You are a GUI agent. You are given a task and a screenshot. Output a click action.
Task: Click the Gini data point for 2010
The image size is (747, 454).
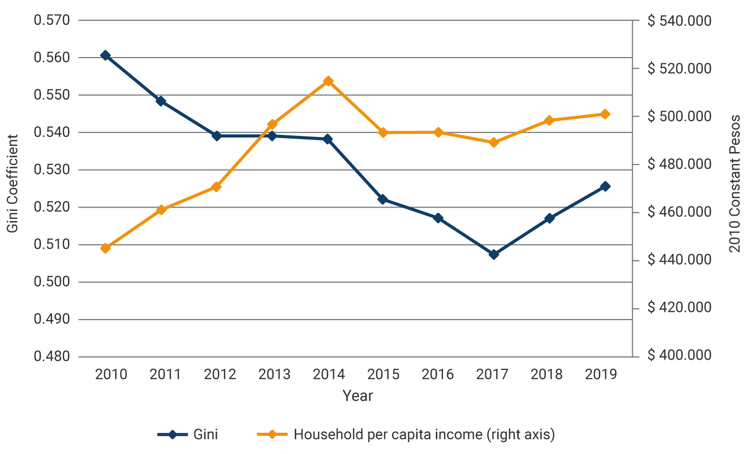tap(105, 56)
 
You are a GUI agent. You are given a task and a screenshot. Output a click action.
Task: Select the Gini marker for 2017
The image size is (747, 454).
tap(494, 254)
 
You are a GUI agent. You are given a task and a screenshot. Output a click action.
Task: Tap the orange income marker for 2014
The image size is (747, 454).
tap(328, 81)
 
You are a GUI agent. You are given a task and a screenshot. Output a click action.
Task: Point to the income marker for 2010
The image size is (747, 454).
tap(105, 248)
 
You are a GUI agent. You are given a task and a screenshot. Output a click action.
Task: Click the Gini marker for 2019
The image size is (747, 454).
tap(605, 186)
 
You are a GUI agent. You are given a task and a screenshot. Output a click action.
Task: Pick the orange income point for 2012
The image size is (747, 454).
tap(216, 187)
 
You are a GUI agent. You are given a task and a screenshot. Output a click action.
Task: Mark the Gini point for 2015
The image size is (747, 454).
tap(383, 199)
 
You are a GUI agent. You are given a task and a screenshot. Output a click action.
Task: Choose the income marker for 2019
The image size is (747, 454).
tap(605, 114)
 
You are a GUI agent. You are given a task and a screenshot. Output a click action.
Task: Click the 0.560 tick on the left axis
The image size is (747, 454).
tap(52, 58)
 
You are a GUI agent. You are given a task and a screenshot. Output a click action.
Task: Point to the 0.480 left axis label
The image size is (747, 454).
tap(52, 356)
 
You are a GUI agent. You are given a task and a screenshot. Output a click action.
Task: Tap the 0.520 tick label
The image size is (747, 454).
tap(52, 207)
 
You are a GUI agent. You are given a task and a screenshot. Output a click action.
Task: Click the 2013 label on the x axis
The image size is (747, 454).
tap(274, 374)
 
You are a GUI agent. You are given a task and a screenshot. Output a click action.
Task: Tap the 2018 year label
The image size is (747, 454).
tap(547, 374)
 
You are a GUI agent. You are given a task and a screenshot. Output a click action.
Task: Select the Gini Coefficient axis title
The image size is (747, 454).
tap(13, 184)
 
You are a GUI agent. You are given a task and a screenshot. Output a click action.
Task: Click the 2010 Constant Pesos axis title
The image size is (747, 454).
tap(735, 184)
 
